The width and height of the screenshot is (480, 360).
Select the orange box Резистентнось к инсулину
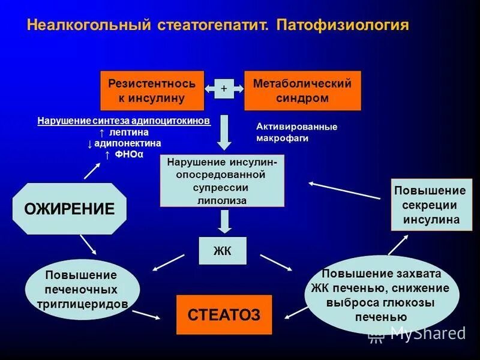152,91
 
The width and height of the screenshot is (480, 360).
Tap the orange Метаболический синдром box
302,91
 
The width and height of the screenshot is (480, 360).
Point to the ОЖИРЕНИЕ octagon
69,209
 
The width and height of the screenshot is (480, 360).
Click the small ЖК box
223,251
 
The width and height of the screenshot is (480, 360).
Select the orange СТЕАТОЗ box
224,314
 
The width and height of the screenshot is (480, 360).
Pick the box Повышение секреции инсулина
429,205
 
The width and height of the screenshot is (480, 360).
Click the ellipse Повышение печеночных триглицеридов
82,290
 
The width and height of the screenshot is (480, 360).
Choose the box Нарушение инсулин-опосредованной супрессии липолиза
222,181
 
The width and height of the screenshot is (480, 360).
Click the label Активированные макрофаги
296,132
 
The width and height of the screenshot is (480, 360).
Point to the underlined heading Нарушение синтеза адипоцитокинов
124,121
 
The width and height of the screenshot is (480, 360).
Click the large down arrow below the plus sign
224,132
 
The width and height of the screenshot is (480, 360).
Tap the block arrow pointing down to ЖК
224,221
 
